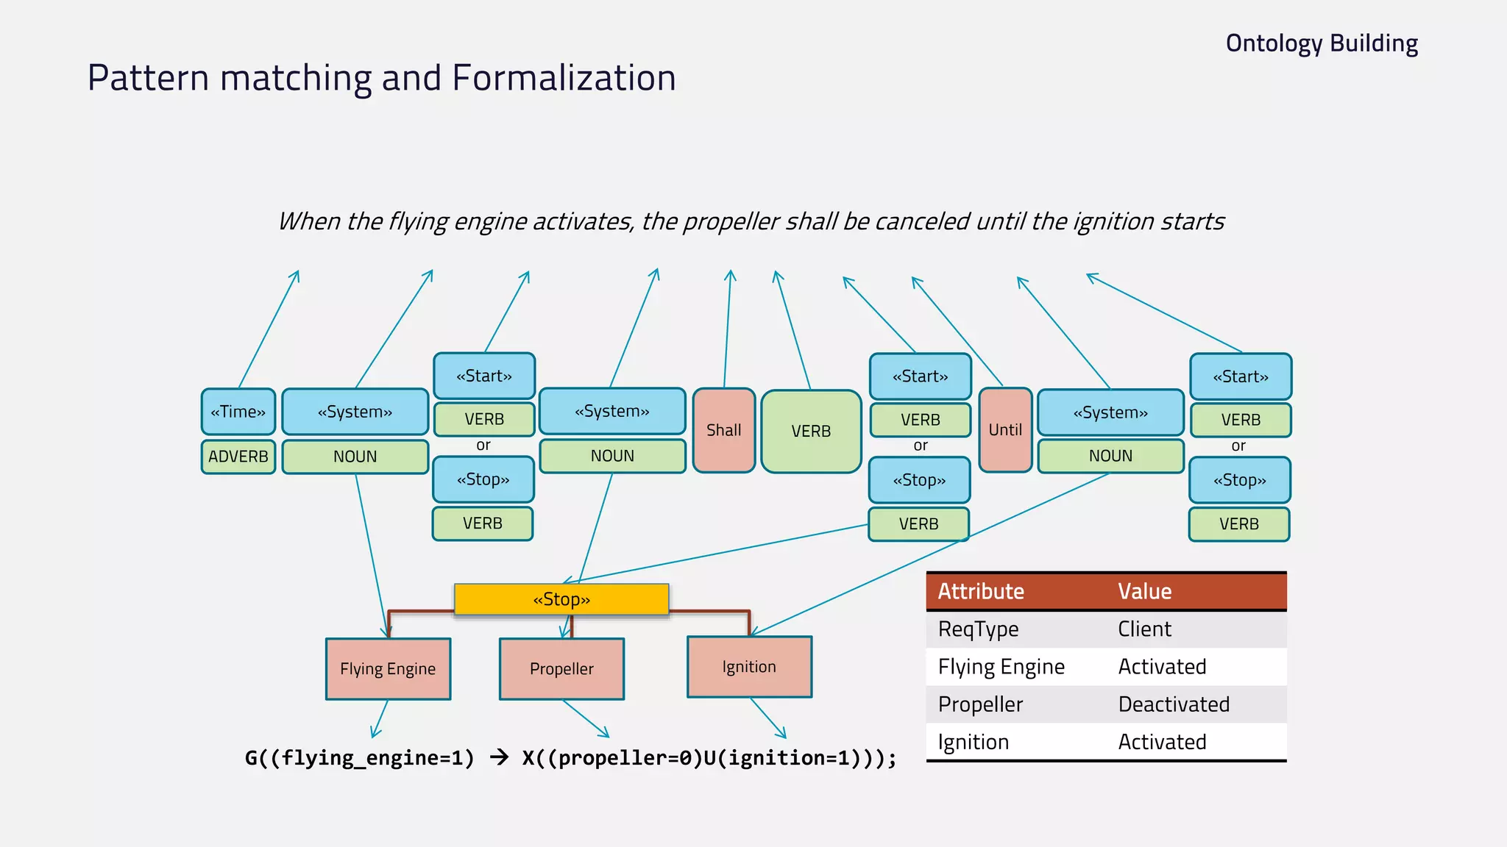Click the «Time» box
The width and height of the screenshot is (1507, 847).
click(238, 412)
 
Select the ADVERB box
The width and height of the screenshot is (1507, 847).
click(238, 457)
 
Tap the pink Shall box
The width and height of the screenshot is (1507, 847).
click(724, 430)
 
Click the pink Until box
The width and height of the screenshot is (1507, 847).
click(1005, 430)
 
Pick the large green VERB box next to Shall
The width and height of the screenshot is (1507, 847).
click(811, 432)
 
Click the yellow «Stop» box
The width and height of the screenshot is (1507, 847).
click(561, 599)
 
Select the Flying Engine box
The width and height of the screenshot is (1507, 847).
click(388, 669)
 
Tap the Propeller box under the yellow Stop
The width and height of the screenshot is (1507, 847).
click(561, 669)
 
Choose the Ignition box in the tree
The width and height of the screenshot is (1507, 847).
click(749, 667)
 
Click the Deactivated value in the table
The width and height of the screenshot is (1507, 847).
click(1174, 704)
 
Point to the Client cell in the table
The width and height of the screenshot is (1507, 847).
click(1144, 629)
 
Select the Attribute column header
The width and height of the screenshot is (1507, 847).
click(981, 591)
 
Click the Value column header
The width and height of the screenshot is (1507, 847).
click(1144, 591)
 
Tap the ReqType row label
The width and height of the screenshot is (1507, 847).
click(978, 629)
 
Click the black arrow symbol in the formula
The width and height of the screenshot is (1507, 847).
click(499, 757)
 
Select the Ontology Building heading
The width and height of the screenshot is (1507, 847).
click(1322, 43)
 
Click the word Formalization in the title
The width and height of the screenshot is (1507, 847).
click(564, 78)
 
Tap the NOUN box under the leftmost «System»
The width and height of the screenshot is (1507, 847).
click(355, 457)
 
